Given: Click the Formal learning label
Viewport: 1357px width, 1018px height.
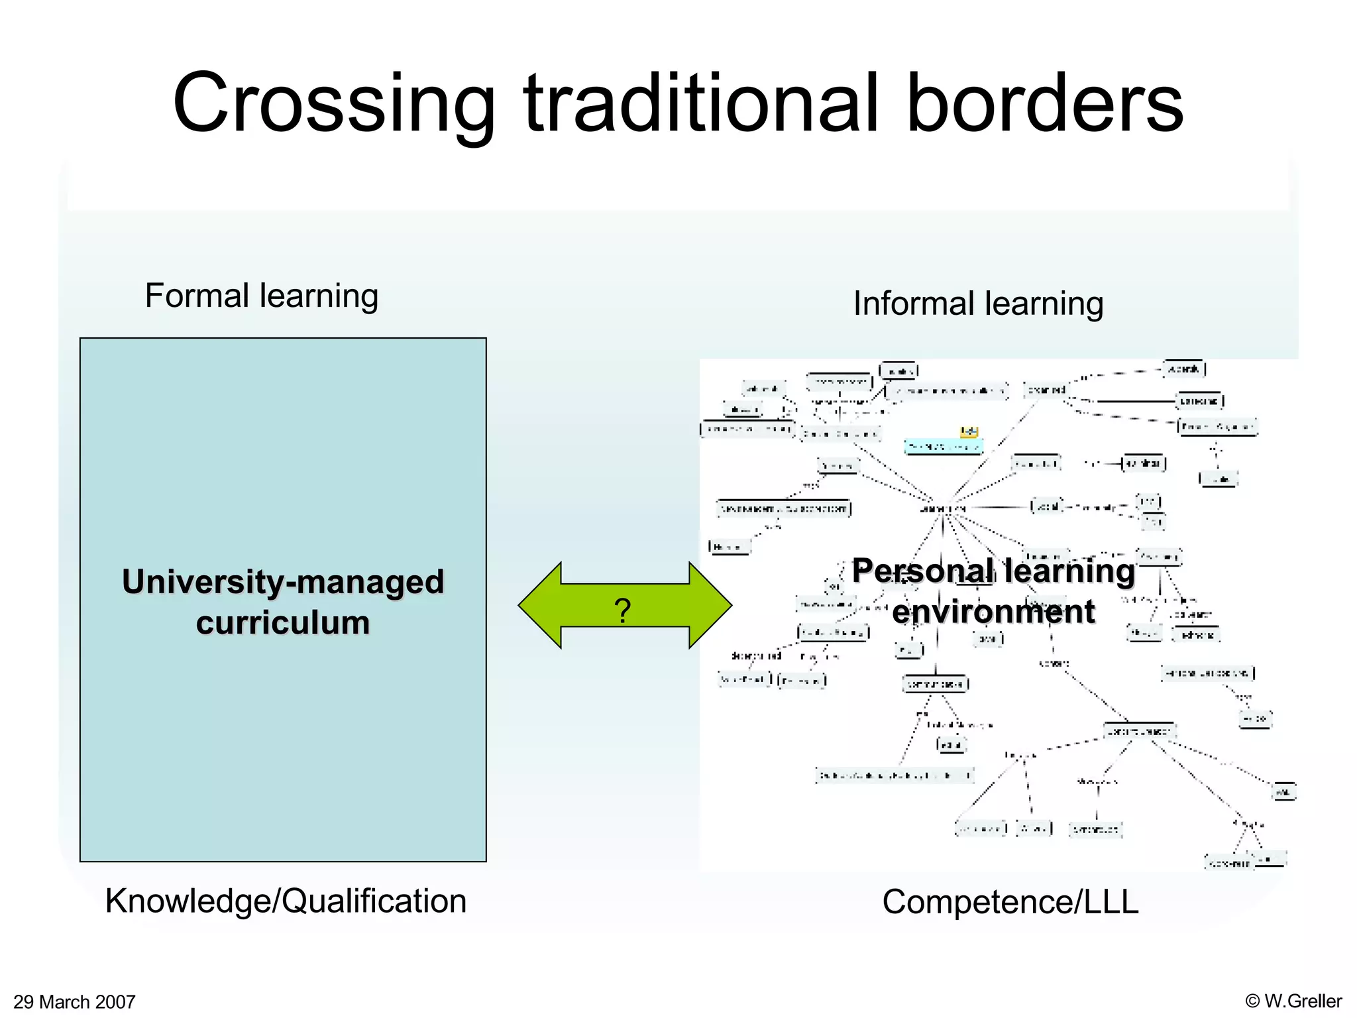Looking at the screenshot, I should [x=261, y=296].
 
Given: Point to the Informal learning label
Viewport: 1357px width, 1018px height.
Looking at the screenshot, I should [x=978, y=304].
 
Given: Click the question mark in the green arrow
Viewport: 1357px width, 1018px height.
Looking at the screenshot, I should [x=622, y=610].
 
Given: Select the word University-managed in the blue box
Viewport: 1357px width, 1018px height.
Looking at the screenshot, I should [x=283, y=582].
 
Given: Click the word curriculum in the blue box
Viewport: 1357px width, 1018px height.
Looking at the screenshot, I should [x=283, y=623].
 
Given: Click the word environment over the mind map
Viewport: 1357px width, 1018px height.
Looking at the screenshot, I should [x=993, y=611].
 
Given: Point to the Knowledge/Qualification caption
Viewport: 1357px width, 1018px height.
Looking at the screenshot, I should [x=286, y=901].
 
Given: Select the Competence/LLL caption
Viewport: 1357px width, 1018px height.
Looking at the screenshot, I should [x=1010, y=902].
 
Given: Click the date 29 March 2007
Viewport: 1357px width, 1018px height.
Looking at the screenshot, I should [x=74, y=1001].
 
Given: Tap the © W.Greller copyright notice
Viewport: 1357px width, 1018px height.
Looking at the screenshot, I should [x=1293, y=1001].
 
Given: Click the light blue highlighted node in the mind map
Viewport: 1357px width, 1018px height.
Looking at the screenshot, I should [x=944, y=447].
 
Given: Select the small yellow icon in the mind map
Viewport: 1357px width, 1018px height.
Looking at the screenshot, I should [x=969, y=432].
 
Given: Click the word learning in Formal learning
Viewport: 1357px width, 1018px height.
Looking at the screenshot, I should [x=319, y=296].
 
